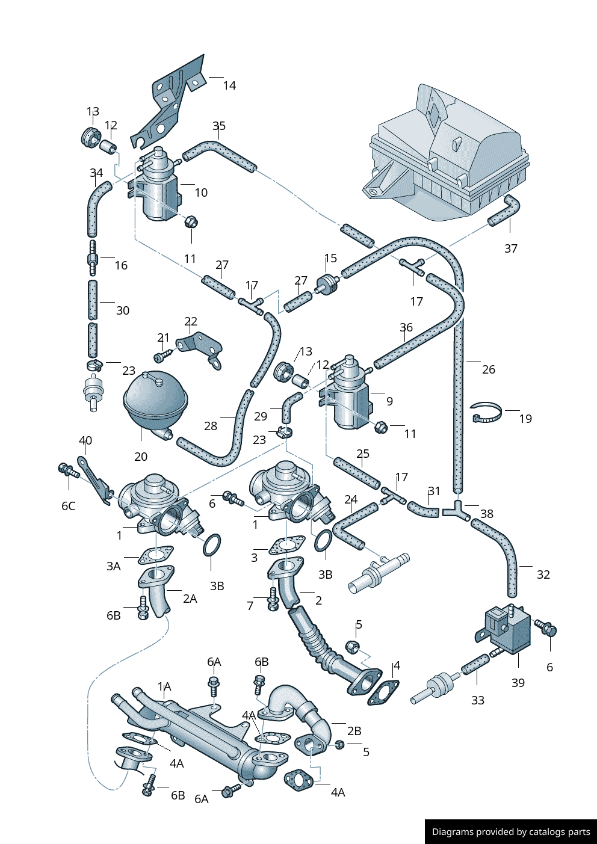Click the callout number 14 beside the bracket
click(229, 85)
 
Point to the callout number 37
click(510, 248)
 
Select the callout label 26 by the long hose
click(488, 369)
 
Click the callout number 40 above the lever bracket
click(85, 440)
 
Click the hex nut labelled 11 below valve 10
click(191, 222)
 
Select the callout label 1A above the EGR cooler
click(164, 686)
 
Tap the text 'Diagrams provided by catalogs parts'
click(510, 832)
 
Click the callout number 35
click(219, 126)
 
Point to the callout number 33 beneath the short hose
click(477, 700)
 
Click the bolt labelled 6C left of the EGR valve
click(67, 470)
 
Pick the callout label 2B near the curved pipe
click(354, 731)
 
